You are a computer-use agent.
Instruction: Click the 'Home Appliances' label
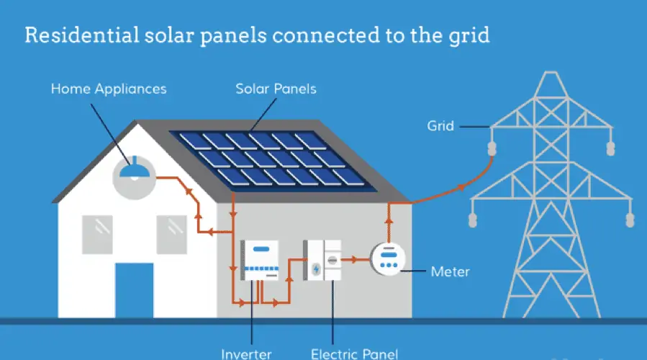pos(108,89)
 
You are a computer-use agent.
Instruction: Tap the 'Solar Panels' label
pos(276,89)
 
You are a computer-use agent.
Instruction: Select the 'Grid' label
pos(440,125)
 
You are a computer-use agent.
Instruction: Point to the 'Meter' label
pos(450,271)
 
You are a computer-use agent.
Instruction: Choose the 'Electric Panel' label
pos(353,354)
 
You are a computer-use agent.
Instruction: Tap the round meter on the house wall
pos(389,258)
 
